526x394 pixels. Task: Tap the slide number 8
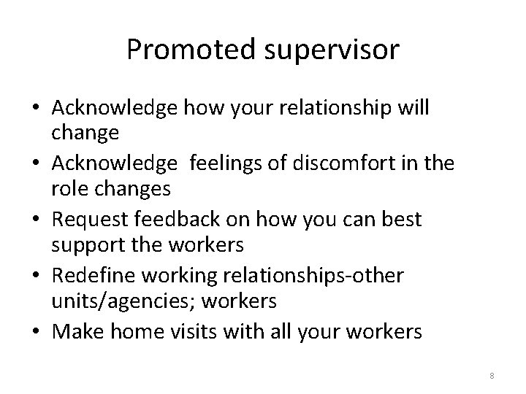pyautogui.click(x=492, y=376)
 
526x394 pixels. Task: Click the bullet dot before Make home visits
pyautogui.click(x=34, y=331)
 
